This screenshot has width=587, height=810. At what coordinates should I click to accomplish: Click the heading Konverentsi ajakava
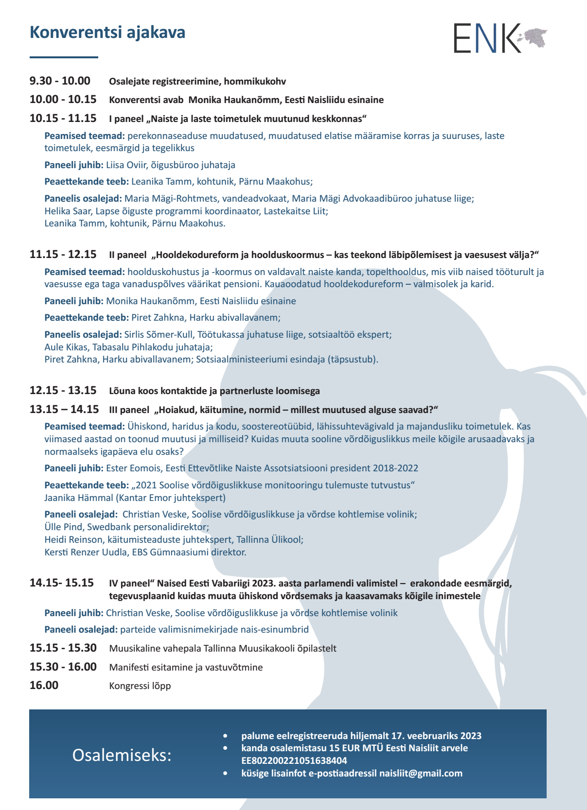click(x=107, y=33)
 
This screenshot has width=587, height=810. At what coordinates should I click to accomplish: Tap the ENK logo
click(x=487, y=38)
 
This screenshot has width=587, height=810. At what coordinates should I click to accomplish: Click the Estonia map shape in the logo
click(x=534, y=36)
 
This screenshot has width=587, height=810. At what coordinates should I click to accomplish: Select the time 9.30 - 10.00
click(x=60, y=81)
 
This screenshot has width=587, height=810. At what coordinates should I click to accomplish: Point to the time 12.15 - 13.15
click(x=63, y=390)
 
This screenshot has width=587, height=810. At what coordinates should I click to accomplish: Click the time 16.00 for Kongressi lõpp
click(x=44, y=685)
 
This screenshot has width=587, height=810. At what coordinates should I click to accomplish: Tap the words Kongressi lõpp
click(x=140, y=686)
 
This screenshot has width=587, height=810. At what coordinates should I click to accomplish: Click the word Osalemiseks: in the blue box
click(x=122, y=755)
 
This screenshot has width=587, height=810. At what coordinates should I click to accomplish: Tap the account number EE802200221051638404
click(x=294, y=760)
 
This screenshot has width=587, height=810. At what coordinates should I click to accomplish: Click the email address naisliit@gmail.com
click(x=421, y=773)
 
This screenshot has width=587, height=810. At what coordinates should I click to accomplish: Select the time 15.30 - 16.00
click(x=63, y=667)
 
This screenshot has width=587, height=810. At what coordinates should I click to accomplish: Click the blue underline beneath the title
click(x=64, y=57)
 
